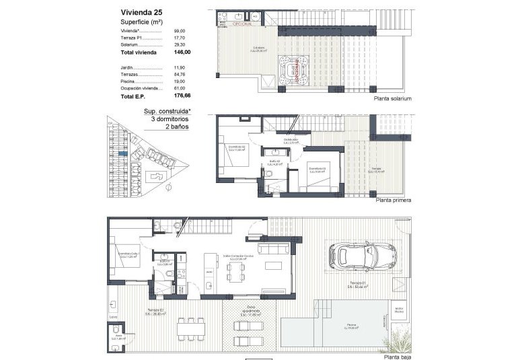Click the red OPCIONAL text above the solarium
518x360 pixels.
[242, 24]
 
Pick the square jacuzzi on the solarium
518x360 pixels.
[295, 69]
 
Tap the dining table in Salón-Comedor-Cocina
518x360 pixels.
[236, 271]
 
